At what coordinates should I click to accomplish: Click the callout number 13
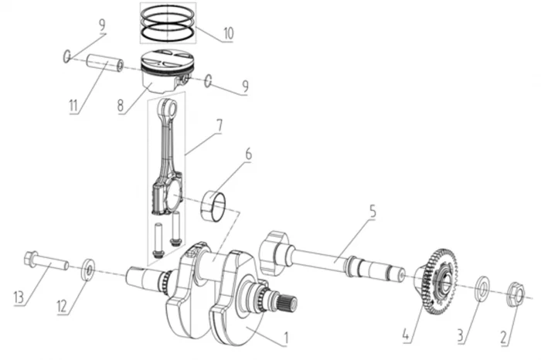tap(19, 297)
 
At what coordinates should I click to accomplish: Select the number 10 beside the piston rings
tap(229, 33)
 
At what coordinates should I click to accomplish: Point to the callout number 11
tap(73, 106)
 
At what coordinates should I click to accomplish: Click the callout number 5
tap(373, 211)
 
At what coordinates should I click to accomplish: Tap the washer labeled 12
tap(88, 269)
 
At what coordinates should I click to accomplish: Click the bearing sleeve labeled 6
tap(213, 205)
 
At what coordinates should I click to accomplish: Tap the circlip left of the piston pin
tap(67, 56)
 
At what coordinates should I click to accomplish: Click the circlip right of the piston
tap(208, 80)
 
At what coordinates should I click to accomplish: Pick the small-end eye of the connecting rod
tap(168, 107)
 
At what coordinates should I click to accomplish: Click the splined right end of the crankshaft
tap(288, 302)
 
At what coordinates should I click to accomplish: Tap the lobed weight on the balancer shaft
tap(274, 251)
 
